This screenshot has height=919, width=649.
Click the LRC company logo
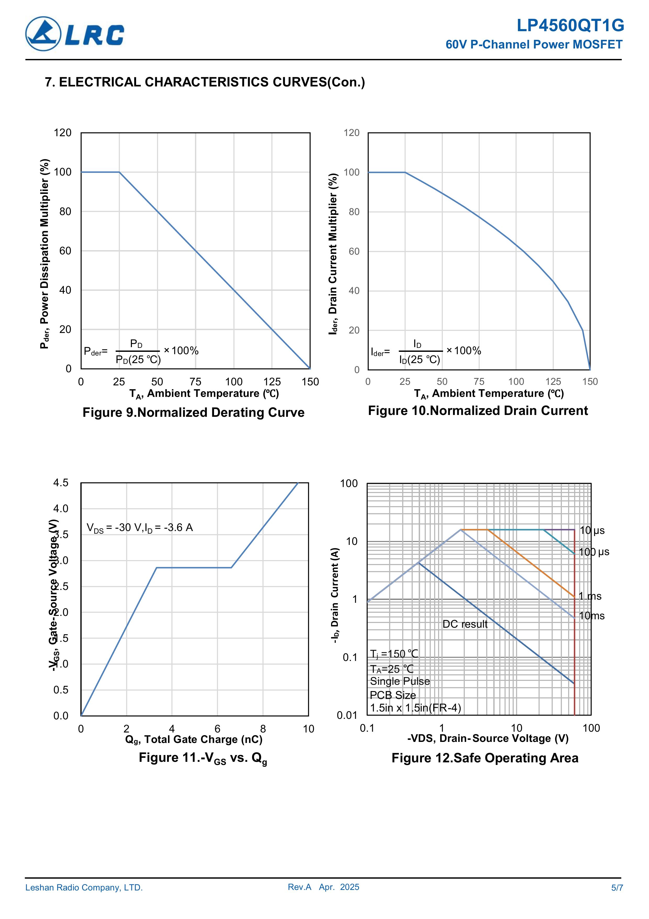(x=75, y=34)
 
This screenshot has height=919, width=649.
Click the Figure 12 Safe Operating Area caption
(x=485, y=758)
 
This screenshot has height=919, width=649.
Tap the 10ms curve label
(x=591, y=616)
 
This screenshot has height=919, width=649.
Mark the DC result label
(x=465, y=624)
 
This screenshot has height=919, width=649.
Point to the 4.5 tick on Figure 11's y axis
(x=61, y=483)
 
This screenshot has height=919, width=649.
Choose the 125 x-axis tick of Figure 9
(x=272, y=382)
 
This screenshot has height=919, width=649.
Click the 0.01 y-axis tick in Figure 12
(x=347, y=715)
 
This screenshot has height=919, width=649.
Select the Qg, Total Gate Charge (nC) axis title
(x=194, y=739)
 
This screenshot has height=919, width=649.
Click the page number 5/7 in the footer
(x=617, y=888)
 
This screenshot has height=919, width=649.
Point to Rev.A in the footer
(x=299, y=887)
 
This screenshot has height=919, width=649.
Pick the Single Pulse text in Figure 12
(x=400, y=681)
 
